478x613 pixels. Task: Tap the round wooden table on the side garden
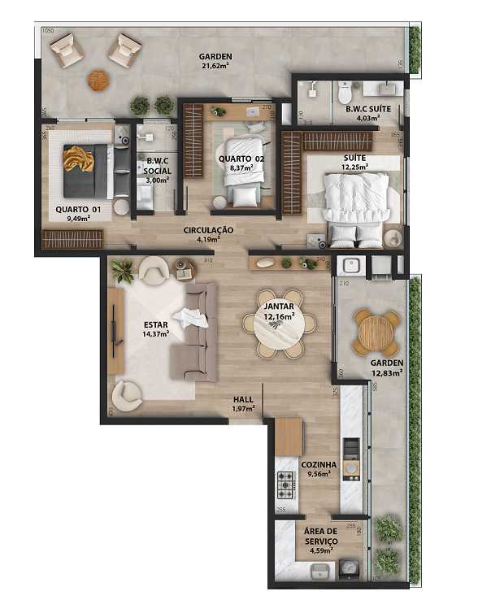[x=376, y=331]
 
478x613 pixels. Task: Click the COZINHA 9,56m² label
[x=319, y=468]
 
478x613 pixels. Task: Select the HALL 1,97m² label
[x=243, y=404]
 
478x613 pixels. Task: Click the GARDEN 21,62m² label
[x=215, y=62]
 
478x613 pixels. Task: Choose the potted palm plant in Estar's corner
[x=123, y=272]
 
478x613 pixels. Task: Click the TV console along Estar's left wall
[x=115, y=332]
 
